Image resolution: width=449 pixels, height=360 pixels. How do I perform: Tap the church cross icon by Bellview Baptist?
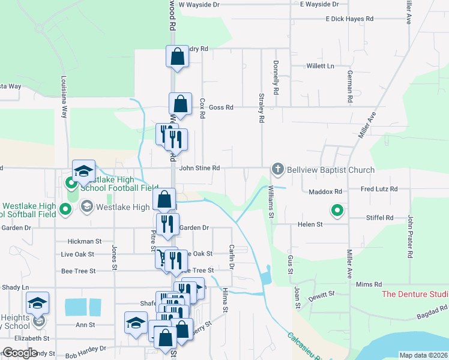277,169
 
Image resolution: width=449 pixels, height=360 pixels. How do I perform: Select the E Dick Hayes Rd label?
349,19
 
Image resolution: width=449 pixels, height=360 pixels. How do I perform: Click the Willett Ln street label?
320,65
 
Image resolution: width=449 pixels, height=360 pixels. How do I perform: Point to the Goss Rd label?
220,107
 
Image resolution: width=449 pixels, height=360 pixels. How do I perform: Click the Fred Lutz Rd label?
379,189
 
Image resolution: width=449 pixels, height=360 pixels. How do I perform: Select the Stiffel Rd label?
381,218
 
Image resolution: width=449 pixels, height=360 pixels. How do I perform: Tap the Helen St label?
310,224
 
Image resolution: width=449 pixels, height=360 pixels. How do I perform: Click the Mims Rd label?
369,284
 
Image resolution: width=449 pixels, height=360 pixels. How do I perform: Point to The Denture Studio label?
415,294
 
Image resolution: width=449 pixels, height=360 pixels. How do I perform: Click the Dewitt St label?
323,295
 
